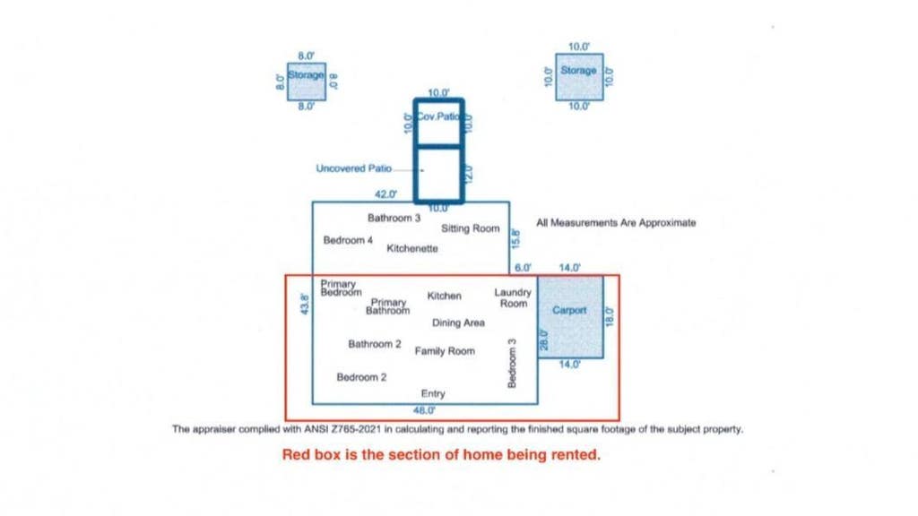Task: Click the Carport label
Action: tap(569, 310)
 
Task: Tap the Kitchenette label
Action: tap(412, 249)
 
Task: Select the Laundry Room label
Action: tap(513, 297)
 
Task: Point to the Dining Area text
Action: tap(458, 322)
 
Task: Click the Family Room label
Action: tap(445, 351)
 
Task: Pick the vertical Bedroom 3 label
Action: tap(512, 364)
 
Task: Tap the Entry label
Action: tap(433, 394)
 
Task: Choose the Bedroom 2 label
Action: tap(361, 377)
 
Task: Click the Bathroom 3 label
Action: tap(394, 219)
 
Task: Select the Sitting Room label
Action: tap(471, 228)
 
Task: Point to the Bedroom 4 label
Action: tap(348, 240)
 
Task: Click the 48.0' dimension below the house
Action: tap(424, 410)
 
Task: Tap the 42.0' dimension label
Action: tap(385, 194)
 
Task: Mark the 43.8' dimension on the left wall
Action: tap(305, 305)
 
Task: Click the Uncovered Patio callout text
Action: tap(353, 168)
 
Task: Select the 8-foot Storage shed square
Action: tap(307, 82)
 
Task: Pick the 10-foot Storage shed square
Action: tap(579, 77)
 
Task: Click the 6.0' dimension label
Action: tap(523, 268)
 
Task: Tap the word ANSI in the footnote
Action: tap(316, 429)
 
